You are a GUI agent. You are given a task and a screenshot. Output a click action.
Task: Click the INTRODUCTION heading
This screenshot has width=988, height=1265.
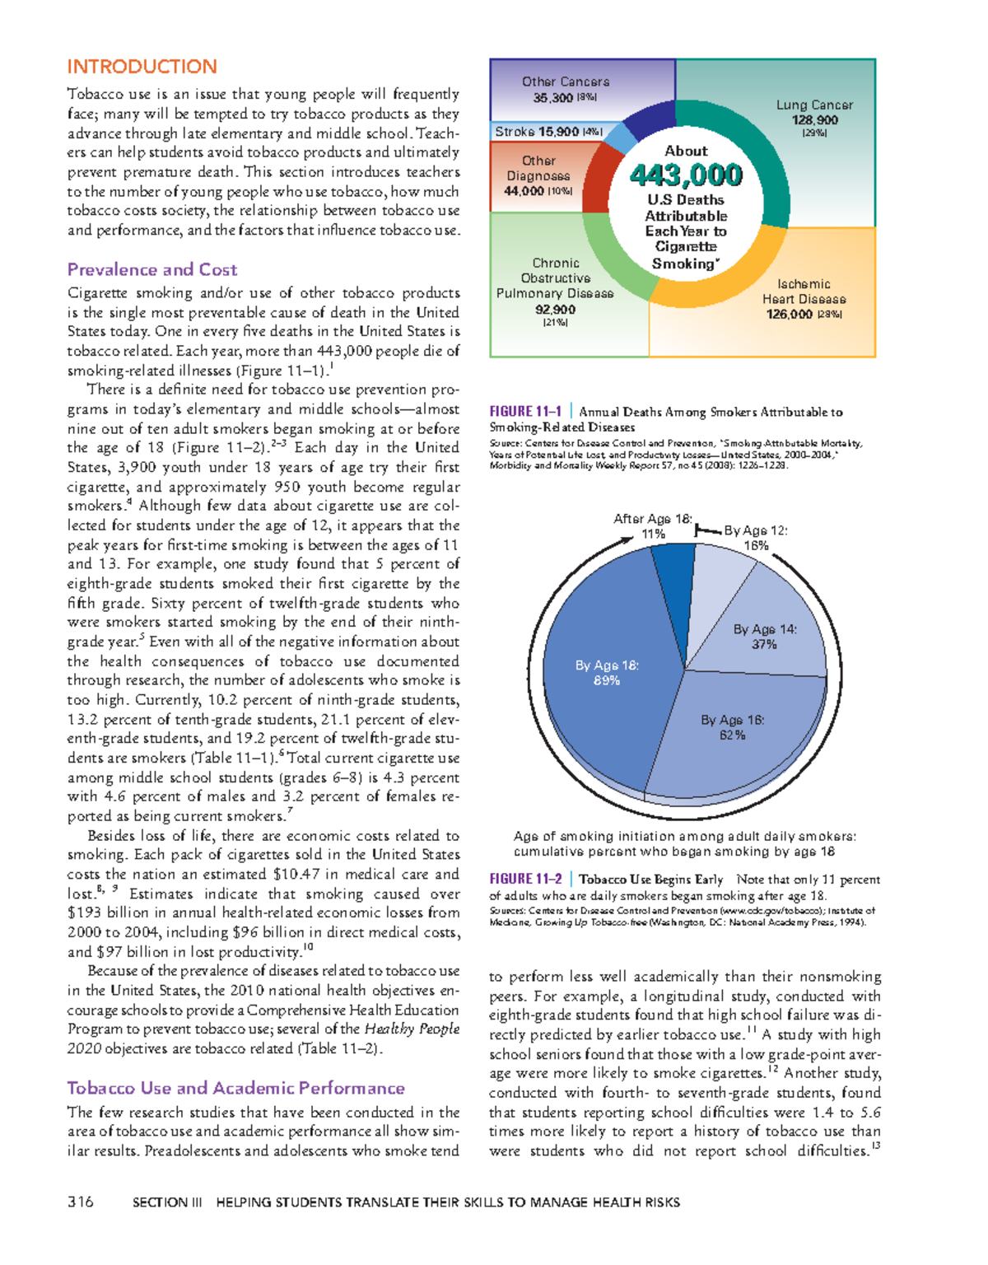(142, 67)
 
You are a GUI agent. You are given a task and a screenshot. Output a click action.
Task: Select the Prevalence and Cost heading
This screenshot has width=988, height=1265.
(151, 269)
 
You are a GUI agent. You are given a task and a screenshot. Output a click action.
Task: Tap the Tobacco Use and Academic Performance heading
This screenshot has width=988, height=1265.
(235, 1088)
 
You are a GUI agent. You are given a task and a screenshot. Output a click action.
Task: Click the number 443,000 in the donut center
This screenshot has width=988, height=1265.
(686, 175)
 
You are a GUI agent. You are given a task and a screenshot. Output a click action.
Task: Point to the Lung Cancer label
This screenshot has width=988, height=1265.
(814, 105)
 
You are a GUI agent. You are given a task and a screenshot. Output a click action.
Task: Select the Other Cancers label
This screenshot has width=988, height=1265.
(566, 82)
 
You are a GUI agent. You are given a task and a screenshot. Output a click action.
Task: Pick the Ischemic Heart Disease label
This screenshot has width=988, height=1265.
(804, 292)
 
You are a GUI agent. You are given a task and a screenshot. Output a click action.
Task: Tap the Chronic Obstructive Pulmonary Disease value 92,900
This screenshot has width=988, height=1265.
(555, 310)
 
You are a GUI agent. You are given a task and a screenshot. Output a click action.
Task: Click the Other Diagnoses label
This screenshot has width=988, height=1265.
(538, 168)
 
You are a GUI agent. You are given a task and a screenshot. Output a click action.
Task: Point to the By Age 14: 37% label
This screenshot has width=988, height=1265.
(765, 637)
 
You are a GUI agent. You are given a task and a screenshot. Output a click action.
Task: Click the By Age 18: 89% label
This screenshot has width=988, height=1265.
(607, 673)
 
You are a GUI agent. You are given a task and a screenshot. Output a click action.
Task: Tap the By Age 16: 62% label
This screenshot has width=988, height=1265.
(732, 727)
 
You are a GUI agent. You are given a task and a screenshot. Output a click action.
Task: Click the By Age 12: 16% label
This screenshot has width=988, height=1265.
(756, 538)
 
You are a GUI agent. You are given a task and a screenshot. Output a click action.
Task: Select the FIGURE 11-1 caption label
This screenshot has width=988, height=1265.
(525, 412)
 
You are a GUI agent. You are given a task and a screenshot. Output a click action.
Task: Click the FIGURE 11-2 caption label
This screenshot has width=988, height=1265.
(525, 880)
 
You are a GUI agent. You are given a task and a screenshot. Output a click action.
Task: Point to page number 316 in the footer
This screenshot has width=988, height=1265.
(81, 1202)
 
